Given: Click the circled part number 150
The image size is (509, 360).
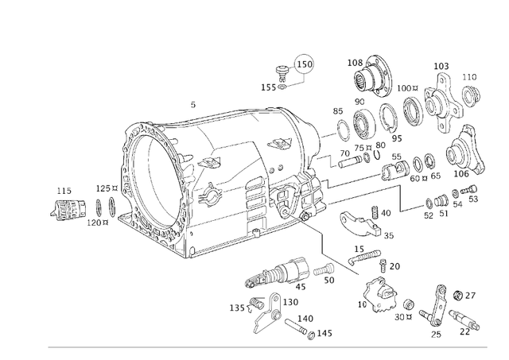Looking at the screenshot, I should point(305,64).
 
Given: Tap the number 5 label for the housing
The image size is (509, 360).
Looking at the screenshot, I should point(192,105).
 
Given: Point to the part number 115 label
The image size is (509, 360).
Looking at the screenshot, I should point(64,191).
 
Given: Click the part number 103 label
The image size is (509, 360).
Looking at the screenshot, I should point(441,66).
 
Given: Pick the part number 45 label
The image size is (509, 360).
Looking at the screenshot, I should point(300,287).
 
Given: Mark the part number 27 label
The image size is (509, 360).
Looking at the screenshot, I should point(470,296).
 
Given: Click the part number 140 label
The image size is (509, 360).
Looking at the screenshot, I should point(305,319).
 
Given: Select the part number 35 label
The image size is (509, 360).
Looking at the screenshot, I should point(389,236).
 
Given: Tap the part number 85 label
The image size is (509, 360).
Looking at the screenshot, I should point(338,111).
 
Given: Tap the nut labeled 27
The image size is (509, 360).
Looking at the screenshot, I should point(458,296).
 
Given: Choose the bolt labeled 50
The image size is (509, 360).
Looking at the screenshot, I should point(322,272).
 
